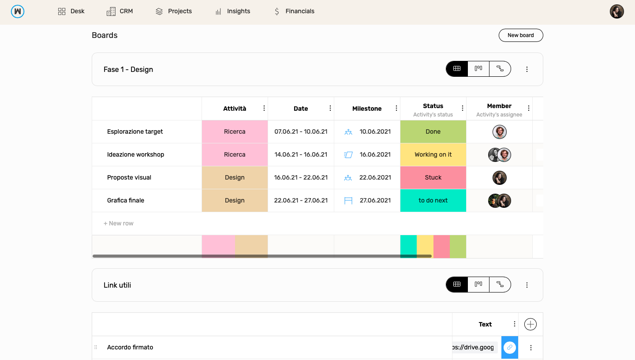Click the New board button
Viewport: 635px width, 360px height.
pyautogui.click(x=520, y=35)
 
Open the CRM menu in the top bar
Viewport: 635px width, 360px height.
pyautogui.click(x=120, y=11)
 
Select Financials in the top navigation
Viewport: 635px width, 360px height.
pyautogui.click(x=294, y=11)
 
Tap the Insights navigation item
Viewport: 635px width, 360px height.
pyautogui.click(x=233, y=11)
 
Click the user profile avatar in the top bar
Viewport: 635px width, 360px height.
pyautogui.click(x=616, y=11)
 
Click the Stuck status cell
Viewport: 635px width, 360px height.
pyautogui.click(x=433, y=177)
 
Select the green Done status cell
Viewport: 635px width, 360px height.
pyautogui.click(x=433, y=131)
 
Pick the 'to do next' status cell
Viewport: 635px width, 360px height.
pyautogui.click(x=433, y=200)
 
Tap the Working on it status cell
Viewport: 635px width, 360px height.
pyautogui.click(x=433, y=154)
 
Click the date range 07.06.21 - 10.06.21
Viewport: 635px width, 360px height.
pyautogui.click(x=301, y=131)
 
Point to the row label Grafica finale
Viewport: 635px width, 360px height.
pyautogui.click(x=126, y=200)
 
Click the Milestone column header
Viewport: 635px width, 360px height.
pyautogui.click(x=366, y=109)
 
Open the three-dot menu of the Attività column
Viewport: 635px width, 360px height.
pyautogui.click(x=264, y=109)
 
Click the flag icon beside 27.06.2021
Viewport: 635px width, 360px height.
pyautogui.click(x=348, y=201)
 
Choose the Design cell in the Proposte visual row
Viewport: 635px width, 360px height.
pyautogui.click(x=235, y=177)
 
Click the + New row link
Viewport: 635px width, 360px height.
pyautogui.click(x=119, y=223)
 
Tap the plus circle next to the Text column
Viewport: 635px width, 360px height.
pyautogui.click(x=530, y=324)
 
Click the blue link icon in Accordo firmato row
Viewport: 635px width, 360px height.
pyautogui.click(x=509, y=347)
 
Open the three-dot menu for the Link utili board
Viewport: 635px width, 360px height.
pyautogui.click(x=527, y=285)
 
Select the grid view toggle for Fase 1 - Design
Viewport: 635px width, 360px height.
pyautogui.click(x=457, y=69)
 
